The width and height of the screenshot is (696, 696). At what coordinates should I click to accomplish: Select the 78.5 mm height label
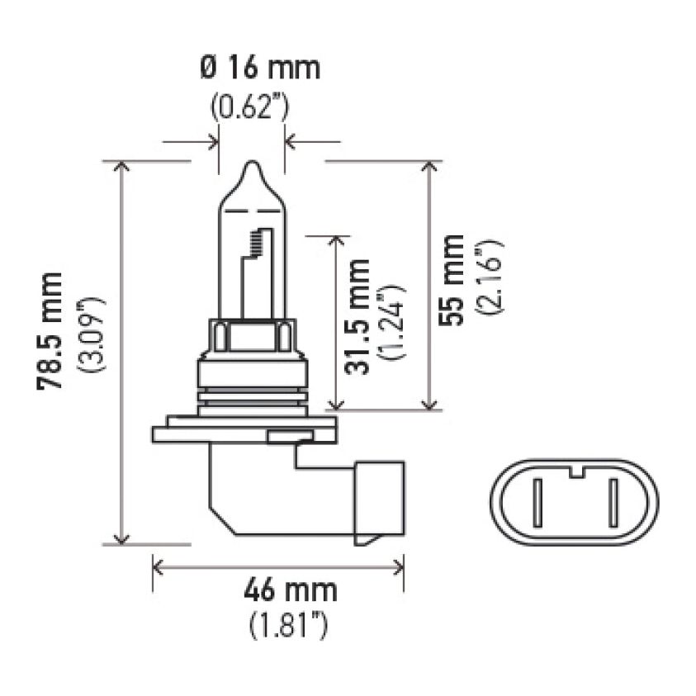click(x=52, y=330)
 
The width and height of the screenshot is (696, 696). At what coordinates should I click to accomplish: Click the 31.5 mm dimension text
click(x=357, y=317)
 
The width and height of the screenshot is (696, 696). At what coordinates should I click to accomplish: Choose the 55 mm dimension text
click(x=452, y=280)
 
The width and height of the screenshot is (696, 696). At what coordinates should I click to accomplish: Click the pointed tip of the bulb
click(x=252, y=165)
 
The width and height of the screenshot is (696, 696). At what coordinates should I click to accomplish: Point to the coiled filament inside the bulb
click(x=256, y=241)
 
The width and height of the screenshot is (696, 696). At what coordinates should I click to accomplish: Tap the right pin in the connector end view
click(x=613, y=503)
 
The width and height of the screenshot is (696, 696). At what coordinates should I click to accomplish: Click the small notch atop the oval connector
click(x=575, y=472)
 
